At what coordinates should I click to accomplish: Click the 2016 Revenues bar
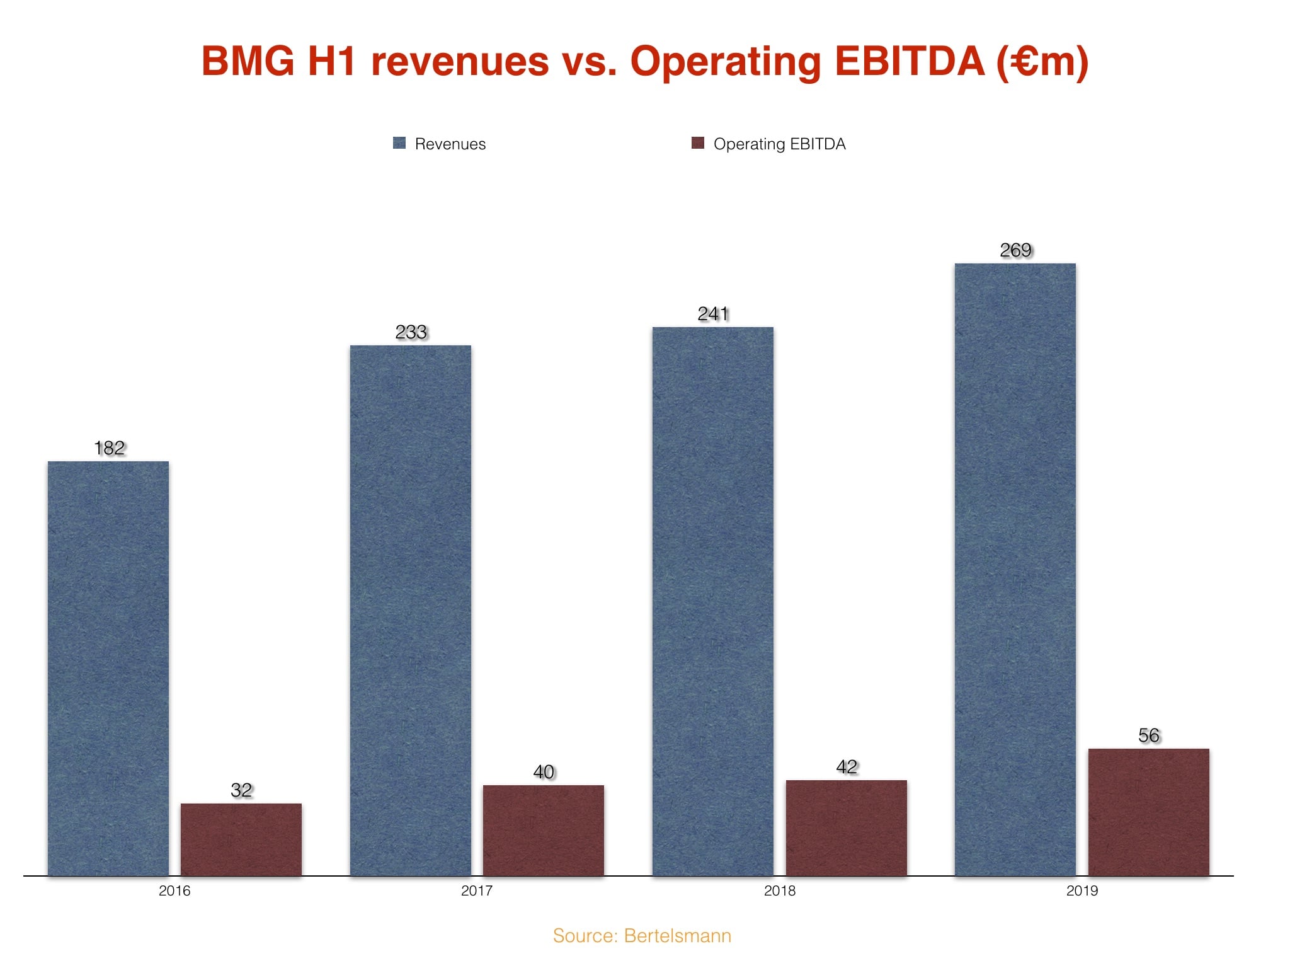coord(108,668)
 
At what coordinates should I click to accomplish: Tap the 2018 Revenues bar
coord(713,601)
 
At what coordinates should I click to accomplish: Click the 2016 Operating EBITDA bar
coord(241,839)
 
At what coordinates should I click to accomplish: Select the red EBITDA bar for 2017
coord(544,830)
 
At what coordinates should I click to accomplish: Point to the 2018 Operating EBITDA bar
coord(847,827)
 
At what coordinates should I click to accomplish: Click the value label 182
coord(109,448)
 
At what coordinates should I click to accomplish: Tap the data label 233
coord(411,332)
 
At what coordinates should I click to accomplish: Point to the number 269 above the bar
coord(1015,250)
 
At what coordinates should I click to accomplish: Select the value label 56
coord(1149,735)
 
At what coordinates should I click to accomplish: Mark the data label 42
coord(847,767)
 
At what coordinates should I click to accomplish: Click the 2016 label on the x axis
coord(174,891)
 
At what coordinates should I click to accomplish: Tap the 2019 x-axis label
coord(1082,891)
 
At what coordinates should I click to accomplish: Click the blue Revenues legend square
coord(399,143)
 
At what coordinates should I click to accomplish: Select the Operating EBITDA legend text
coord(779,144)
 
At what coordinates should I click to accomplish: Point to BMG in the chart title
coord(248,62)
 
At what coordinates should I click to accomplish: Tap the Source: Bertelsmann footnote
coord(642,936)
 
